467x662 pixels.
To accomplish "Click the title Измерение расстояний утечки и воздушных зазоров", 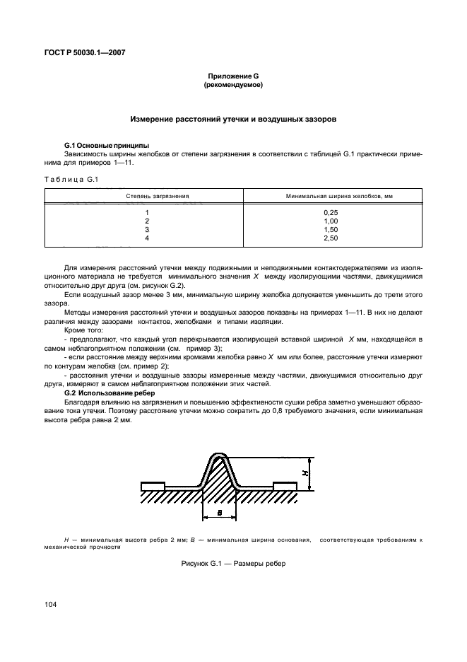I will [x=233, y=120].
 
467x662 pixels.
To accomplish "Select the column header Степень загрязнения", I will [x=148, y=195].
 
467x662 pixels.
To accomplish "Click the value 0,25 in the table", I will [x=331, y=212].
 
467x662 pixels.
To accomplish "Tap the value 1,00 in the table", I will [x=331, y=221].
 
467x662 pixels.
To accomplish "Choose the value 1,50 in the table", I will [x=331, y=230].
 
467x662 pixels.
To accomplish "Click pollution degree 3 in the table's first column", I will [x=148, y=230].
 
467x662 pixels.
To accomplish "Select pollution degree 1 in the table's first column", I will [x=148, y=212].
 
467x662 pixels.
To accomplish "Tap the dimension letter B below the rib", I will [x=220, y=513].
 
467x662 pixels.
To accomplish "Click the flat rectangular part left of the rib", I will [x=153, y=486].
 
